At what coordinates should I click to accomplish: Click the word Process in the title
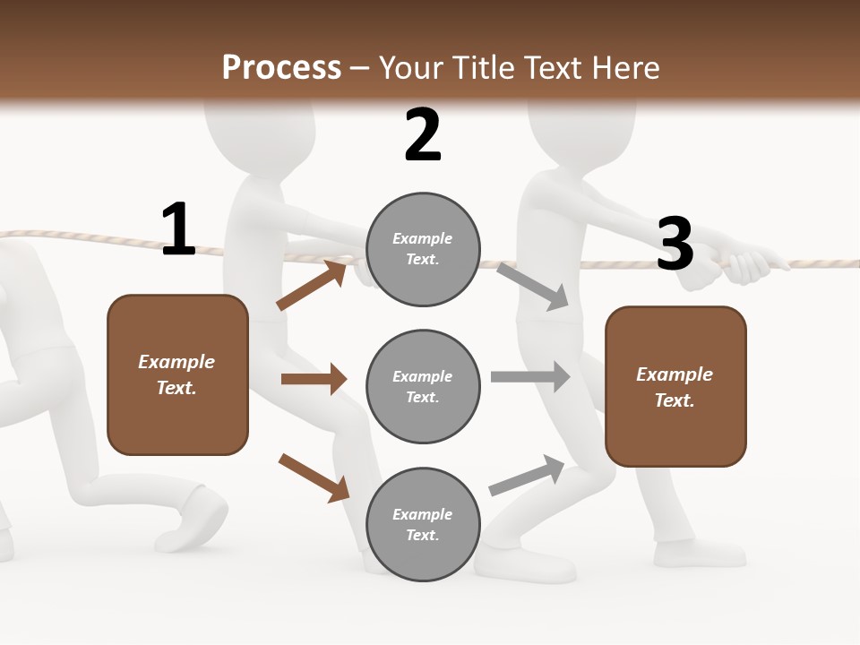281,68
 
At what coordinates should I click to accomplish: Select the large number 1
178,230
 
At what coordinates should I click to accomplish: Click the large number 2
423,135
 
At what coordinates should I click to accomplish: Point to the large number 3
675,244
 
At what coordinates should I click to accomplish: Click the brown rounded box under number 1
177,374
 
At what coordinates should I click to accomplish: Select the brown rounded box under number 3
675,386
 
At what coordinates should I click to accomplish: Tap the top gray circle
423,249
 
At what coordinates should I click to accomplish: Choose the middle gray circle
423,386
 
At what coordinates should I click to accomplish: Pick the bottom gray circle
423,524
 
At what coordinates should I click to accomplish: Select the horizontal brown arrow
314,379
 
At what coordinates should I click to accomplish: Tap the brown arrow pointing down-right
314,477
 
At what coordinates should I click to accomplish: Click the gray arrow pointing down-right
532,287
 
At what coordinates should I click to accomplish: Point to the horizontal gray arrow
529,377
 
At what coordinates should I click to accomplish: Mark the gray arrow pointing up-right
527,476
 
